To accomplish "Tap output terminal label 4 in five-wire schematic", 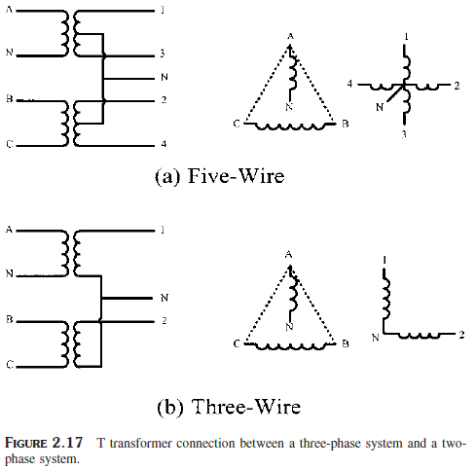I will [163, 144].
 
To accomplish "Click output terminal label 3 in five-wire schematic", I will [163, 54].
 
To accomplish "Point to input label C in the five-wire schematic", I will [9, 144].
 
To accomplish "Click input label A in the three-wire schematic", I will [9, 230].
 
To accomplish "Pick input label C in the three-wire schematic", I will [9, 364].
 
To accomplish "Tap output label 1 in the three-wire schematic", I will [163, 231].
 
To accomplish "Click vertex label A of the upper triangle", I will [290, 36].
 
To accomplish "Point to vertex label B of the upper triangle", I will [345, 124].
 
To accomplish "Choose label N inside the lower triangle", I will [290, 328].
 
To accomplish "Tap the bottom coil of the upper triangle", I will [291, 126].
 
